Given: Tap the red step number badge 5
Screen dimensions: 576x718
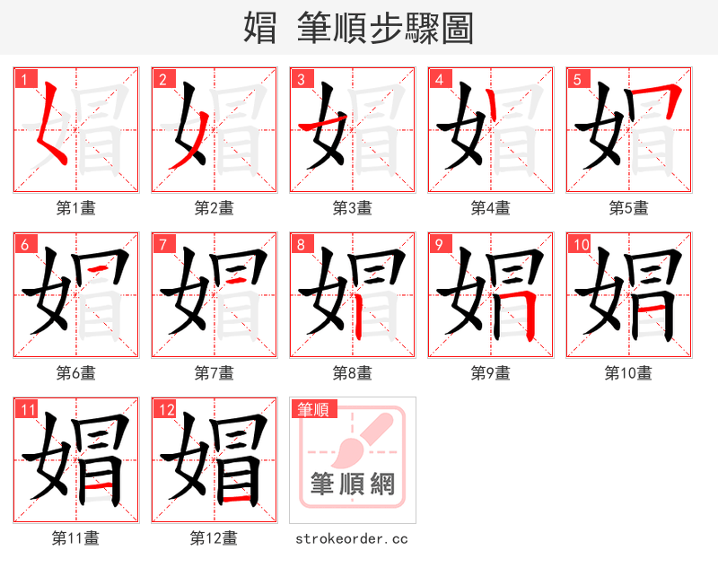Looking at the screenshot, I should [x=577, y=79].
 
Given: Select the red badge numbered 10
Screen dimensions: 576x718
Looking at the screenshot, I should [x=580, y=244].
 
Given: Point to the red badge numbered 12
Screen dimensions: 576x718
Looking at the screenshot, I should [x=166, y=410].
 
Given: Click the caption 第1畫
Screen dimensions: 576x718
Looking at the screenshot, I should [x=76, y=207].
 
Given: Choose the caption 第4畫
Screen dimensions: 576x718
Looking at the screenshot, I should [x=490, y=207].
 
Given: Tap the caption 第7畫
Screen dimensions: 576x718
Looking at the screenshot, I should [x=214, y=372].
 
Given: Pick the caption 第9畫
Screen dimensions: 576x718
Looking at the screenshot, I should [x=490, y=372].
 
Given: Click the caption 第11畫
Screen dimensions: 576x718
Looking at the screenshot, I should [x=76, y=538].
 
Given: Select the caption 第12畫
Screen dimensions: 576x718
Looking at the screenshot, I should [x=214, y=538].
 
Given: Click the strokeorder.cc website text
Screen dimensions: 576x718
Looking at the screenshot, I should [x=352, y=538].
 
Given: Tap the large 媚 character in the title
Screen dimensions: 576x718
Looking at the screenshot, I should [x=260, y=28].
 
